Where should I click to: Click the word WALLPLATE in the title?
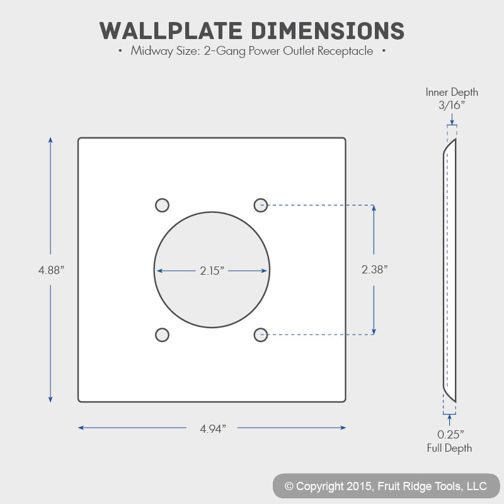point(171,31)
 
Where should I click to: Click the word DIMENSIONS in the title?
point(328,31)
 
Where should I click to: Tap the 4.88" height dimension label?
point(51,270)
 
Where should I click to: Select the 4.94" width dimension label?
point(213,428)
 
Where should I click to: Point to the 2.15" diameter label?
point(212,271)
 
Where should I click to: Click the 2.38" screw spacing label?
point(374,270)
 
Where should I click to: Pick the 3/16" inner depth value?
point(452,105)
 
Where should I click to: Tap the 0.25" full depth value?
point(450,435)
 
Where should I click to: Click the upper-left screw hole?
point(162,205)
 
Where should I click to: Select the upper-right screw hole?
point(261,205)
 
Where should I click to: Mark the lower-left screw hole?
point(162,335)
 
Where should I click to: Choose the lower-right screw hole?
point(261,335)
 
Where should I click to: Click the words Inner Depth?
point(452,92)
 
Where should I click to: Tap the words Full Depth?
point(449,448)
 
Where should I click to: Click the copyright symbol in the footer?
point(289,486)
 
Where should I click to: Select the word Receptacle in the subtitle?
point(345,51)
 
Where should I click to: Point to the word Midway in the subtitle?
point(152,51)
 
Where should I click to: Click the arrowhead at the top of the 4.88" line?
point(50,140)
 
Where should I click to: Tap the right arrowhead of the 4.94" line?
point(343,428)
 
